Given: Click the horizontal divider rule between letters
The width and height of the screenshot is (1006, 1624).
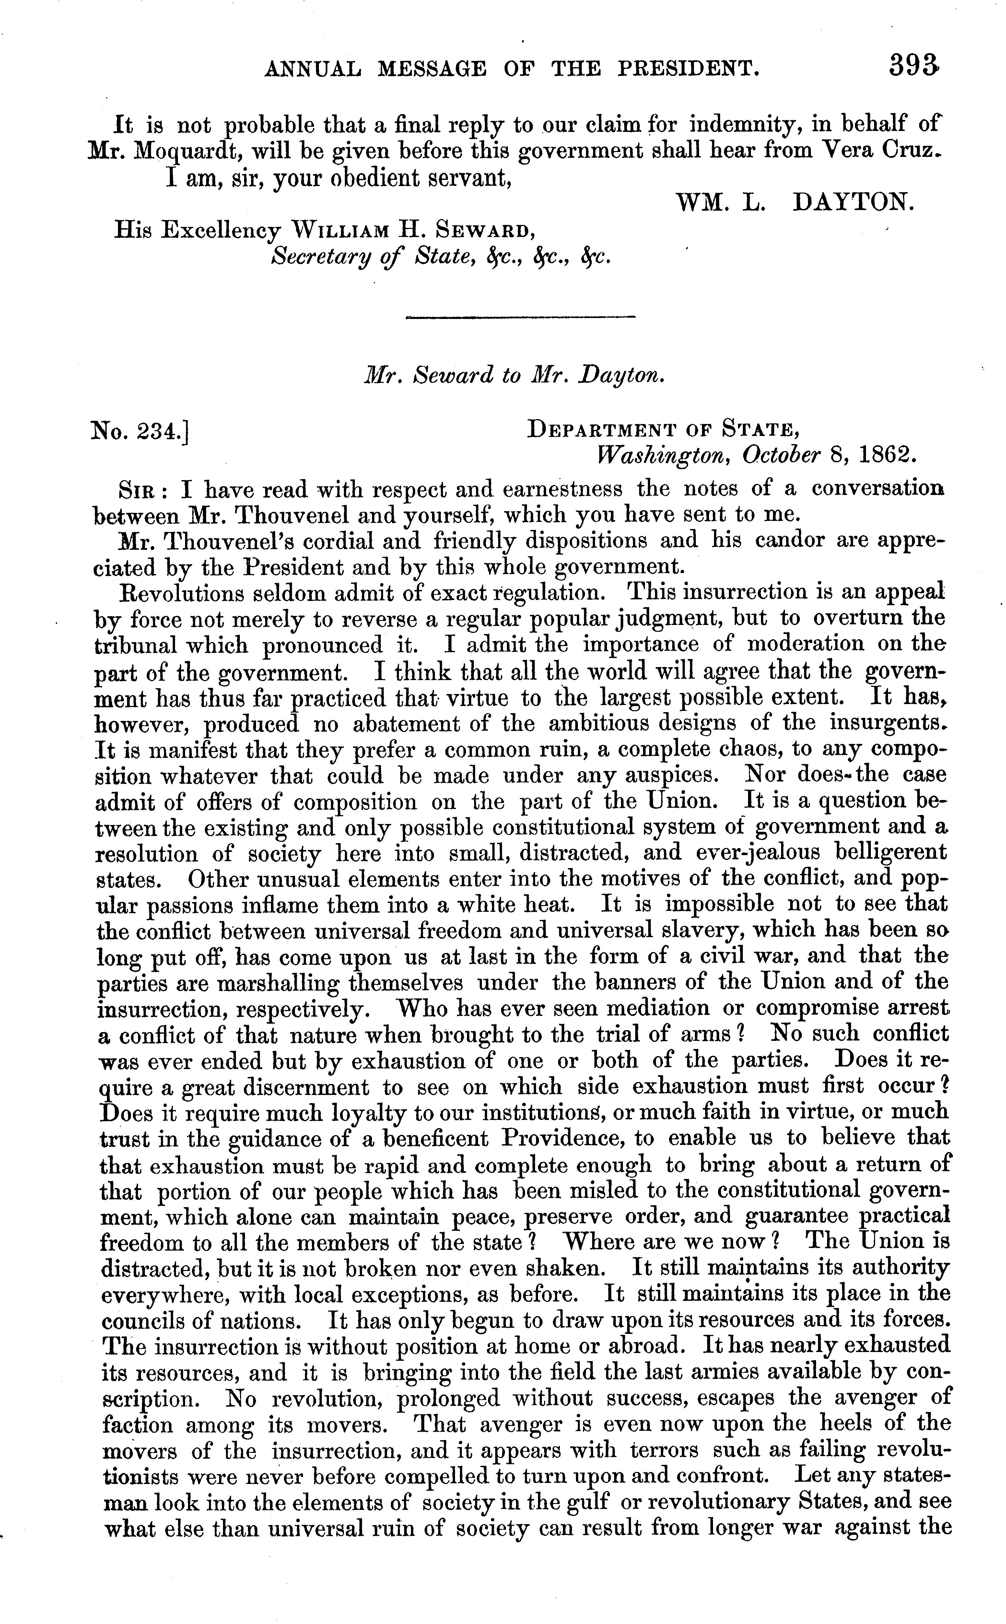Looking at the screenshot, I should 520,317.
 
